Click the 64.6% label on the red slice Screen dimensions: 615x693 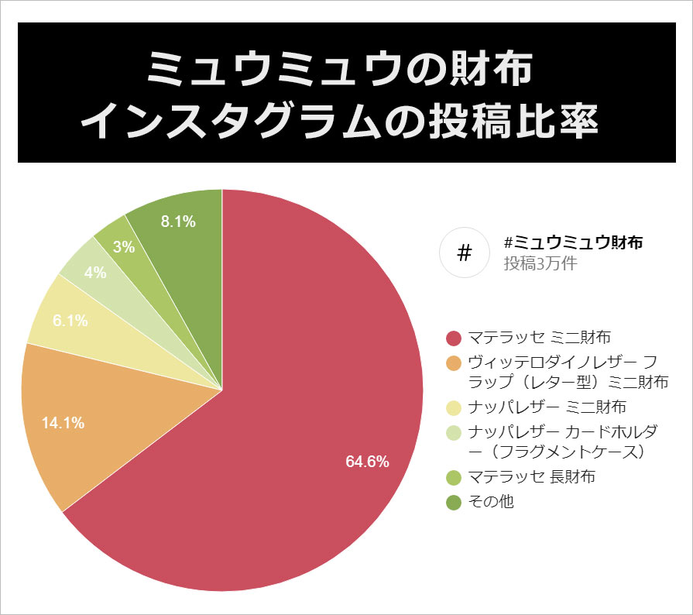(x=367, y=462)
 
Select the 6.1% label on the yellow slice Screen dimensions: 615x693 (x=70, y=320)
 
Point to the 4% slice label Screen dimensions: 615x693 (x=94, y=273)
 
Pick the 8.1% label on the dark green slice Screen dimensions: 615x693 (x=178, y=222)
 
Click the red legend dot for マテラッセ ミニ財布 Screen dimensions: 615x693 (x=455, y=338)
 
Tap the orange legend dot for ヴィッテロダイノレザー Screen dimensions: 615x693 (x=455, y=362)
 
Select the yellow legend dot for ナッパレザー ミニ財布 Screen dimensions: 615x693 (x=455, y=407)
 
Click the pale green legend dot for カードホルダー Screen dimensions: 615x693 (x=455, y=432)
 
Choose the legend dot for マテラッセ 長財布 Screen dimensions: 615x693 (x=455, y=477)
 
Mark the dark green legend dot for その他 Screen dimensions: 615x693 (x=455, y=502)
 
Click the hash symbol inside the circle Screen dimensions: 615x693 (x=465, y=253)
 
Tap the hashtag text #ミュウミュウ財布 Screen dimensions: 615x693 (x=573, y=242)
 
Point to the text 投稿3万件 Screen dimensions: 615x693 (x=540, y=263)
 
